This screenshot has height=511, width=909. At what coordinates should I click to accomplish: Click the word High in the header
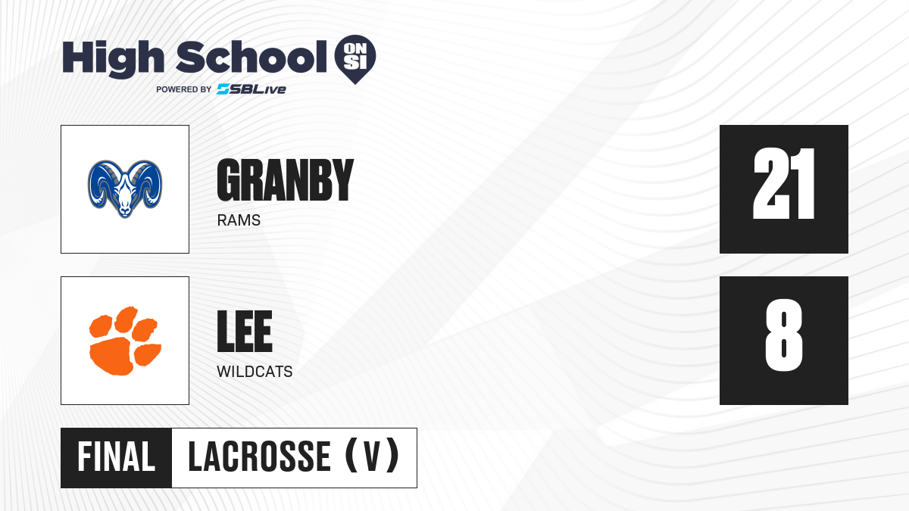(113, 59)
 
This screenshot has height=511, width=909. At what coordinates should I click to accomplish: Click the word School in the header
(251, 57)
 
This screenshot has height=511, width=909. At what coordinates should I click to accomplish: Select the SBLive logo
(251, 89)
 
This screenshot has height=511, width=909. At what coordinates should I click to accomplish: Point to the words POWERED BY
(184, 89)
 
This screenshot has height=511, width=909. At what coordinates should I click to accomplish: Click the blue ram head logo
(125, 189)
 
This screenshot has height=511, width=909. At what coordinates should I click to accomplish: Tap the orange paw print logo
(125, 341)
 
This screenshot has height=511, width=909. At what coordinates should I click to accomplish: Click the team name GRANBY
(286, 180)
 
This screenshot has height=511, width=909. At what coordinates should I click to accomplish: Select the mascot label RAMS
(239, 220)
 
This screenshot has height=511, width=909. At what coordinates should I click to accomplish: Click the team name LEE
(244, 332)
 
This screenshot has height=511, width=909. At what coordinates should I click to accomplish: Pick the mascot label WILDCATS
(255, 372)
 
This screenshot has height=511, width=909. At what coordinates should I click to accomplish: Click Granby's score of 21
(783, 184)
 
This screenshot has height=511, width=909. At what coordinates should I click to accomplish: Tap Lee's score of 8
(783, 335)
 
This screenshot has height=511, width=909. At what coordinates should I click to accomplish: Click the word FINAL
(117, 457)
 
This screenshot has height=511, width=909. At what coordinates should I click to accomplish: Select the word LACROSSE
(259, 457)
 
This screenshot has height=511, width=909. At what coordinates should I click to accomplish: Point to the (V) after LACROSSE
(372, 456)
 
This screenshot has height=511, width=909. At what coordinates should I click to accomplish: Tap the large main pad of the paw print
(112, 357)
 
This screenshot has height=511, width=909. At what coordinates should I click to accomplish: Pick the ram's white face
(125, 195)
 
